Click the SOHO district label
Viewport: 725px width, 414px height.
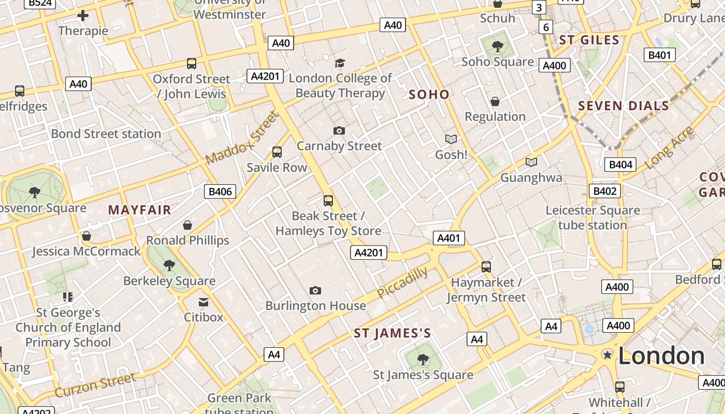[x=429, y=94]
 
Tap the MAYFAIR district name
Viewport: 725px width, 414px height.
[x=139, y=210]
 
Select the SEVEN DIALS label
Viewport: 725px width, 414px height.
[x=624, y=106]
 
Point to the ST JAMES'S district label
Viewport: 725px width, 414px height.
[x=392, y=334]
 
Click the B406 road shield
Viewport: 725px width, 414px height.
[x=220, y=191]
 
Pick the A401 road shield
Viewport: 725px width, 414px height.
[x=448, y=238]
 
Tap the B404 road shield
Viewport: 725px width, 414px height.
[x=620, y=165]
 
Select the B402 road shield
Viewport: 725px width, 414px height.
[x=604, y=191]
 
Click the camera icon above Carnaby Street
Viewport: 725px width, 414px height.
[x=339, y=130]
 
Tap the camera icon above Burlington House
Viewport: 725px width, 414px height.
[x=315, y=291]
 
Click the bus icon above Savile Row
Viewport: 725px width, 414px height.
[x=277, y=152]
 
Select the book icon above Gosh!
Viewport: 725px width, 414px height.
[x=451, y=139]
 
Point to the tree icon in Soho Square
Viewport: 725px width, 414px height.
[x=498, y=47]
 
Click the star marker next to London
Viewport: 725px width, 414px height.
[x=607, y=354]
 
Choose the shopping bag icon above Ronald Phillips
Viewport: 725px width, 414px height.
[x=187, y=225]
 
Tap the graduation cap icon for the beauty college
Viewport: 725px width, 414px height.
[x=340, y=63]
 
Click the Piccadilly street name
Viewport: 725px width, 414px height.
[x=402, y=283]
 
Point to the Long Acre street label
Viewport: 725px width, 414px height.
[x=669, y=147]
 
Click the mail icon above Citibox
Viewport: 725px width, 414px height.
[x=204, y=302]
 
